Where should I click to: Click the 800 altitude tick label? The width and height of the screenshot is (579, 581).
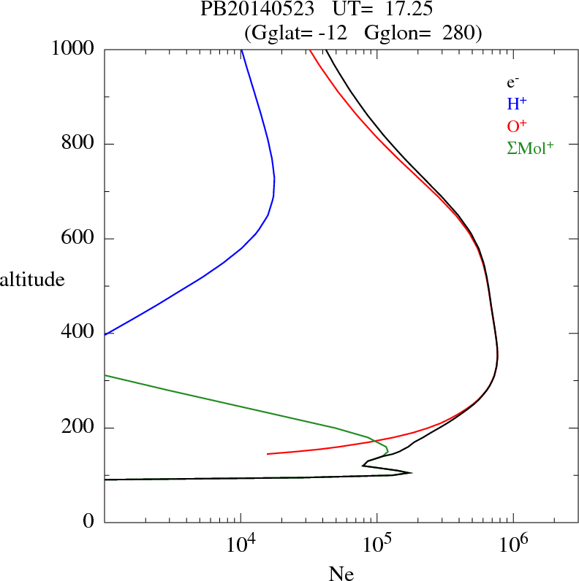click(80, 144)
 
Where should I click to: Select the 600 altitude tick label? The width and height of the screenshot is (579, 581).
click(80, 239)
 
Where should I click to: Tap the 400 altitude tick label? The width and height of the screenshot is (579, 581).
click(80, 333)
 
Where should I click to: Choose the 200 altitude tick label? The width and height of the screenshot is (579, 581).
click(80, 428)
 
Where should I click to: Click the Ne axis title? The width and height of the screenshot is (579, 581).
click(340, 573)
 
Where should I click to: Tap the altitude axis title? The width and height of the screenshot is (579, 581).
click(32, 279)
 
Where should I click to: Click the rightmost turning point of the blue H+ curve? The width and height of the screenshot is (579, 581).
click(274, 178)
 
